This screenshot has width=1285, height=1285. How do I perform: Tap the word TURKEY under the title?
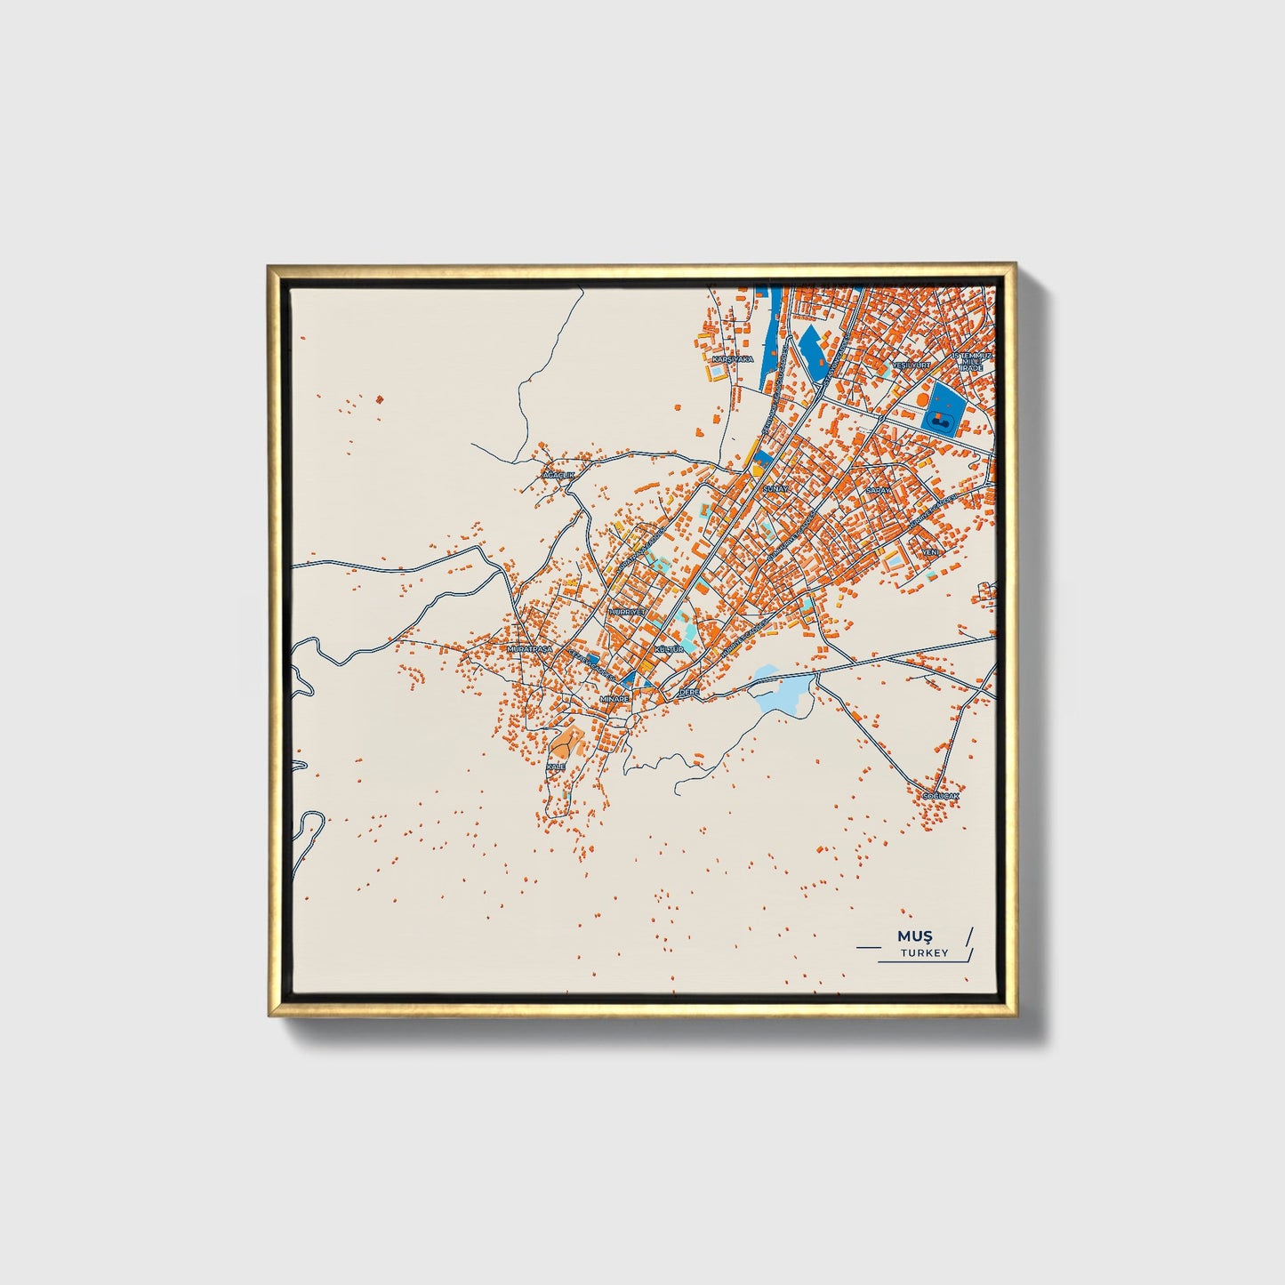(924, 952)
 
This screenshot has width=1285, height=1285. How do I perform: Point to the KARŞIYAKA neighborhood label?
(733, 359)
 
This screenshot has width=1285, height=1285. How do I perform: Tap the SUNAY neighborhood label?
(775, 489)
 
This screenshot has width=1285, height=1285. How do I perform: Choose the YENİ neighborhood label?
(931, 552)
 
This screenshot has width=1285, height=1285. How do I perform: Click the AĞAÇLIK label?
(560, 476)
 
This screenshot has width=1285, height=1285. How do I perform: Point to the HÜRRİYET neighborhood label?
(626, 612)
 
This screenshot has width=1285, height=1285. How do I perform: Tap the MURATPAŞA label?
(529, 649)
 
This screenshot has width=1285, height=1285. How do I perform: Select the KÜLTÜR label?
(669, 650)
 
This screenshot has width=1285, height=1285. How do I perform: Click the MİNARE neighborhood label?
(614, 699)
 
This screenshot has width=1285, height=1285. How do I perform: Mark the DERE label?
(689, 691)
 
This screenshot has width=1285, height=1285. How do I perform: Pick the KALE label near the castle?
(556, 766)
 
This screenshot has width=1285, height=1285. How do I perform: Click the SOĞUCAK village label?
(941, 794)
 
